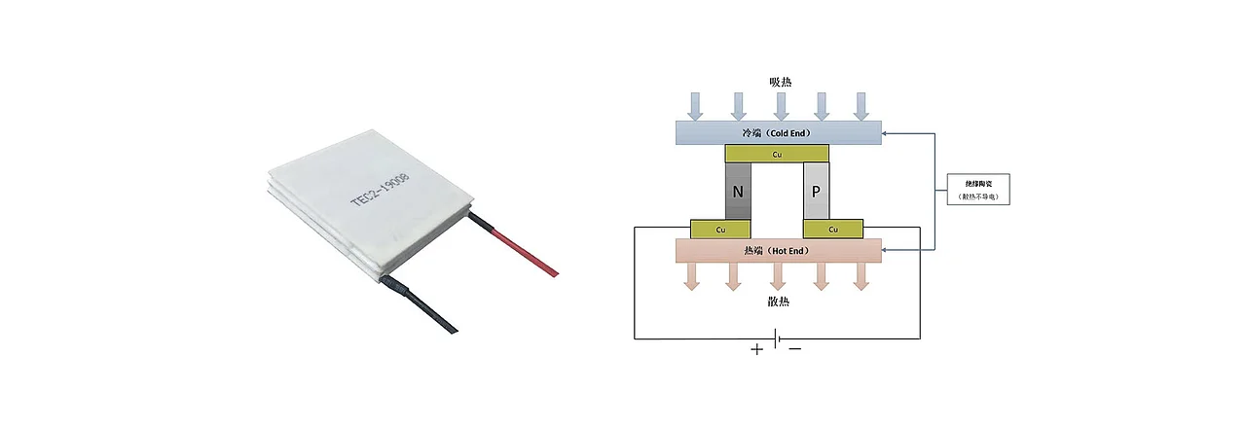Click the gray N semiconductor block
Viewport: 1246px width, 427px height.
tap(737, 192)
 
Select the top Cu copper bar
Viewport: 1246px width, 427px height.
tap(778, 154)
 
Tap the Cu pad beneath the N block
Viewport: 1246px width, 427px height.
tap(721, 229)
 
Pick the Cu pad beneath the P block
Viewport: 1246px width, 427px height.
tap(833, 229)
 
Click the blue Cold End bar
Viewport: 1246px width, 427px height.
tap(778, 132)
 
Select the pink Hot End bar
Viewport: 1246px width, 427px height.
tap(778, 251)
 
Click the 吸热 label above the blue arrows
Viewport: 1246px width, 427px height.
tap(780, 82)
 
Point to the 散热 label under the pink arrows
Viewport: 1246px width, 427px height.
tap(778, 302)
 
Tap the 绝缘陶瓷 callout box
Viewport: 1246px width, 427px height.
tap(979, 189)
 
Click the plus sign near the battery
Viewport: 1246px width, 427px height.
tap(757, 350)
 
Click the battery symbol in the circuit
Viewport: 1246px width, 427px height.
tap(777, 338)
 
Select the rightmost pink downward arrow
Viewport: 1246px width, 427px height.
tap(861, 276)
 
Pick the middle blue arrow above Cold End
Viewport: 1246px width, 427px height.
tap(780, 105)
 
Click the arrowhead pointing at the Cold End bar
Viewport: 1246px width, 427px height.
tap(888, 133)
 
